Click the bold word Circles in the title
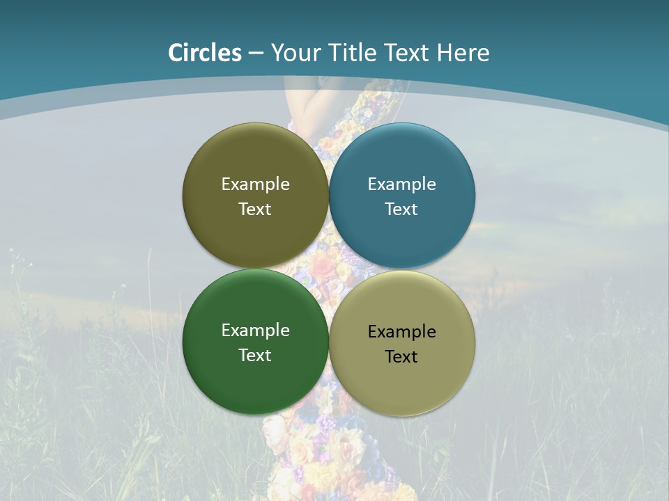click(x=204, y=53)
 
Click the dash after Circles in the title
click(x=255, y=54)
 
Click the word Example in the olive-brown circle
click(x=255, y=184)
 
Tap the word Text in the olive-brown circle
click(x=255, y=209)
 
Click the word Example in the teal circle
click(x=401, y=184)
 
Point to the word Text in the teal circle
click(x=401, y=209)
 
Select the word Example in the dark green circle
click(x=255, y=330)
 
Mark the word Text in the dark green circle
click(x=255, y=355)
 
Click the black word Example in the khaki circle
click(x=401, y=331)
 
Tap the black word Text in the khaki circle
click(x=401, y=356)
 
